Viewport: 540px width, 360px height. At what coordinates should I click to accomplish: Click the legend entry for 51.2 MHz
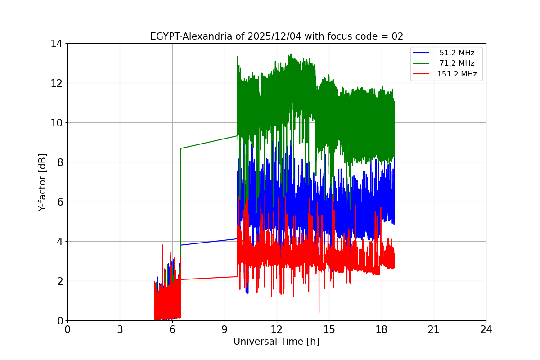[x=457, y=53]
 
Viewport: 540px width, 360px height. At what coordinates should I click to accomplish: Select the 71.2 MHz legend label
[x=457, y=63]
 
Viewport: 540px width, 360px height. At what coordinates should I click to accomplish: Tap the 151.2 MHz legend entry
[x=457, y=74]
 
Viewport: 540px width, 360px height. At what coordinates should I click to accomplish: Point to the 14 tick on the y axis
[x=56, y=44]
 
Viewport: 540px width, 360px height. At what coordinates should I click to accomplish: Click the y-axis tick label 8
[x=59, y=162]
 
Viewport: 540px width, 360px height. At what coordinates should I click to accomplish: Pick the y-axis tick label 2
[x=59, y=281]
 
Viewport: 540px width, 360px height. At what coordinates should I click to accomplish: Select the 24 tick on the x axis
[x=486, y=329]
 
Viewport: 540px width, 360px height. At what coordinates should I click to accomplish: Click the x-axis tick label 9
[x=225, y=329]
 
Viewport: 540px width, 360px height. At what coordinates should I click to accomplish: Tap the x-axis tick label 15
[x=329, y=329]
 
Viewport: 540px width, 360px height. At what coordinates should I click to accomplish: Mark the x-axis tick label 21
[x=434, y=329]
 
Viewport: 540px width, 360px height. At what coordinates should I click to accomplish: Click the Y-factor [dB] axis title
[x=42, y=182]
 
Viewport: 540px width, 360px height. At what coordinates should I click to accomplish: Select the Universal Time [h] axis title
[x=276, y=342]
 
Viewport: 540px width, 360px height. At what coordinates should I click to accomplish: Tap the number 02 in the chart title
[x=397, y=36]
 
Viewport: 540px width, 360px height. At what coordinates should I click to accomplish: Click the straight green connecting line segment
[x=209, y=142]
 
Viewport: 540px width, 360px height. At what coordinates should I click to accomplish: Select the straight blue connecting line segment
[x=209, y=242]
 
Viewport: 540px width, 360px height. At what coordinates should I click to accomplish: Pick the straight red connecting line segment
[x=209, y=278]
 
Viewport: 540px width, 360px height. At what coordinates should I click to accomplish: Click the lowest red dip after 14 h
[x=319, y=312]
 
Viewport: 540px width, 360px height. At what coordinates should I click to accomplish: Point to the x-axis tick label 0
[x=67, y=329]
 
